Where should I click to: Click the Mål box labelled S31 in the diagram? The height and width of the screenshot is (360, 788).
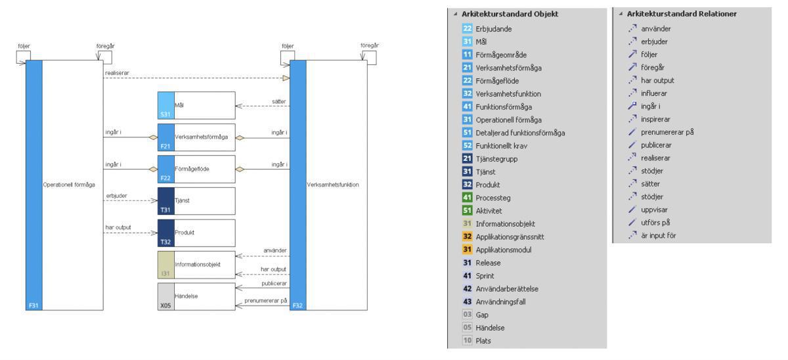point(196,104)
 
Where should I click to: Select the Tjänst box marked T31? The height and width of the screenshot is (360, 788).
point(196,201)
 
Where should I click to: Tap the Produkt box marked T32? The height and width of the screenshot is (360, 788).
point(196,233)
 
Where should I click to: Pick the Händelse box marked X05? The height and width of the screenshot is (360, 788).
point(196,297)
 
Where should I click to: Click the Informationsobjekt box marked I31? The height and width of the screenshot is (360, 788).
point(196,265)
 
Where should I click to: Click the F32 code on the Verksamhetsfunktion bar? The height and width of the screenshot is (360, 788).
point(297,305)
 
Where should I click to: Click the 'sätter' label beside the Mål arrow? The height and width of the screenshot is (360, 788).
point(279,101)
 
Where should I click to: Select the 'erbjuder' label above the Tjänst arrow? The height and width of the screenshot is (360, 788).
point(116,196)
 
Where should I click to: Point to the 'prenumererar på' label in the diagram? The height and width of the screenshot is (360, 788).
point(266,300)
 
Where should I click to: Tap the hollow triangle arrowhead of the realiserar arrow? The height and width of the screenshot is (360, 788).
point(285,78)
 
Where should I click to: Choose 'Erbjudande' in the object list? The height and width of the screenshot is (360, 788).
point(494,29)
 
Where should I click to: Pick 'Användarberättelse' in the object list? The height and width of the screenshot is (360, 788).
point(508,288)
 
